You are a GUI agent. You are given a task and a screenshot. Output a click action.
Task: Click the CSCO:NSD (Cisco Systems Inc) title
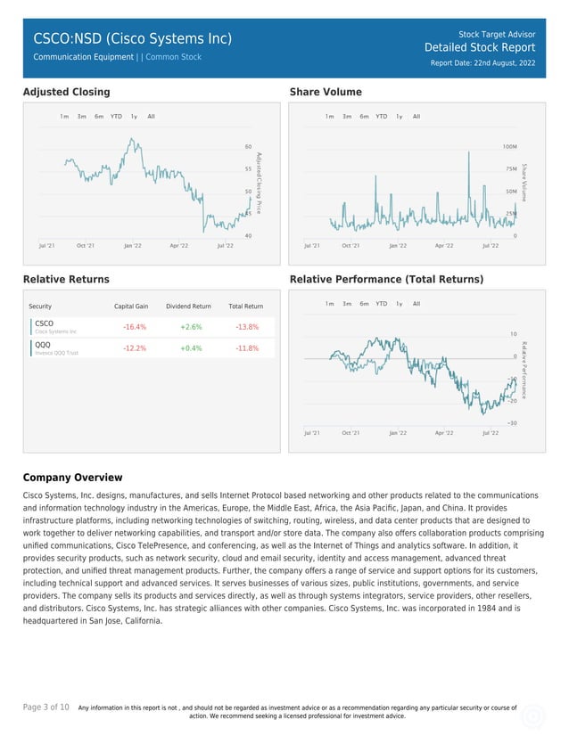click(x=132, y=38)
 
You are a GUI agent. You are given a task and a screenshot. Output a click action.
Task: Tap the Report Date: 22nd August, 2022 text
click(x=482, y=63)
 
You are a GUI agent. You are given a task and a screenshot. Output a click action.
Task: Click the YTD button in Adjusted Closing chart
click(x=116, y=117)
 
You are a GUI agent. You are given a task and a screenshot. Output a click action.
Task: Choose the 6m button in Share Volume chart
click(x=364, y=117)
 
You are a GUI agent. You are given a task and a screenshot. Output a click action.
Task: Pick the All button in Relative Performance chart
click(x=416, y=304)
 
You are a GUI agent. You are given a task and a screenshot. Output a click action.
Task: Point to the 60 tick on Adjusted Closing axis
click(x=248, y=146)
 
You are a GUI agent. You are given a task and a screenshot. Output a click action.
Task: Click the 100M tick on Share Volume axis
click(x=510, y=146)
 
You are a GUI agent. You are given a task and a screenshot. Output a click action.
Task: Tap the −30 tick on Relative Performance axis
click(x=512, y=422)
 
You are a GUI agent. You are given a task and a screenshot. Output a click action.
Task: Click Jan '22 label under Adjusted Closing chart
click(x=132, y=245)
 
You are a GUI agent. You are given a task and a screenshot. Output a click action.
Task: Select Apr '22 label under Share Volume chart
click(x=443, y=245)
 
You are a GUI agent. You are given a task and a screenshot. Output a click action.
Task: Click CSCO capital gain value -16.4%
click(x=134, y=327)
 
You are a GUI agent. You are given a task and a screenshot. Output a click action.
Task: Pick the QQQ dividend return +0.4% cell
click(x=190, y=348)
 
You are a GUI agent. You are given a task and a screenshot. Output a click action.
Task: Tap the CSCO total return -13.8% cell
click(x=247, y=327)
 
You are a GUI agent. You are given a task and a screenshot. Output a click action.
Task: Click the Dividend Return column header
click(x=188, y=307)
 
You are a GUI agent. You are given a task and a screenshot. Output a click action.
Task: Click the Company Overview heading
click(x=72, y=478)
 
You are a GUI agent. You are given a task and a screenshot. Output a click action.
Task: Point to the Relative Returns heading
click(x=66, y=280)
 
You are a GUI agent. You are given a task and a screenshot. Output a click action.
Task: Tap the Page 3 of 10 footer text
click(x=46, y=707)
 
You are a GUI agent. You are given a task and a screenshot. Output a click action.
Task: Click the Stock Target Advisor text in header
click(x=497, y=32)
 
